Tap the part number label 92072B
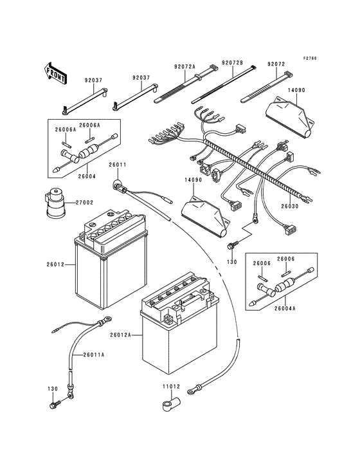tap(232, 63)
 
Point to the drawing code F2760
tap(310, 58)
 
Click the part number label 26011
tap(118, 165)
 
